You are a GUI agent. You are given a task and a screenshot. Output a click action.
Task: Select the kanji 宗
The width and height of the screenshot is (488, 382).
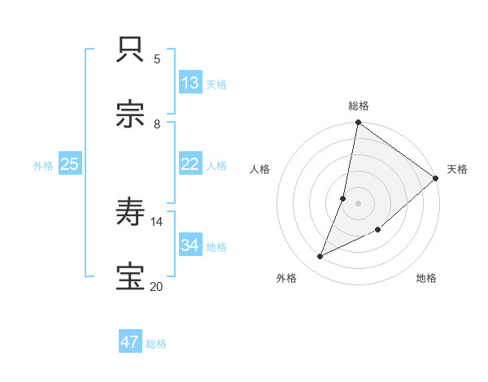point(131,115)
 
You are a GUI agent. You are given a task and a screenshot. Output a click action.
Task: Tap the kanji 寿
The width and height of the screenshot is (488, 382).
point(131,213)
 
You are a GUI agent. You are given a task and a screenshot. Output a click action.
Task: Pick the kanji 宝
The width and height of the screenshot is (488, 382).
point(131,278)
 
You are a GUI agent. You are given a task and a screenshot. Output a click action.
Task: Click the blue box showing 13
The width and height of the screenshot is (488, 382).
point(190,83)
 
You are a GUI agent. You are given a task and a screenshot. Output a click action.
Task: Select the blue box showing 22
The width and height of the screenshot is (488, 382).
point(190,164)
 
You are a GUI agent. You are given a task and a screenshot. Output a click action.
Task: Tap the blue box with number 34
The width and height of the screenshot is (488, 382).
point(190,245)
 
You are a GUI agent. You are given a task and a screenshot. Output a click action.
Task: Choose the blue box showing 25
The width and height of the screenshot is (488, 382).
point(70,164)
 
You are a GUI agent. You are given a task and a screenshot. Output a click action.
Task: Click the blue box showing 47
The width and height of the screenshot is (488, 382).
point(130,342)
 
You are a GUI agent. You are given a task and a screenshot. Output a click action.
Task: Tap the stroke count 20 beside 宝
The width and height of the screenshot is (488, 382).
point(156,286)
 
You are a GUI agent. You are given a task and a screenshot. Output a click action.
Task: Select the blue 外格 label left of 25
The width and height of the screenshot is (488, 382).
point(43,165)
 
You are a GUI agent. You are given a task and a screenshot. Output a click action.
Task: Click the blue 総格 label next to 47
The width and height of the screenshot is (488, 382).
point(156,344)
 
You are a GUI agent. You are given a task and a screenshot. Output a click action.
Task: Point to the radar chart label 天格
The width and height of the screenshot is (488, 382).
point(457,169)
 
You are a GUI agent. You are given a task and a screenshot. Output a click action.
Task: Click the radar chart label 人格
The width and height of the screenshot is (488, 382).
point(259,169)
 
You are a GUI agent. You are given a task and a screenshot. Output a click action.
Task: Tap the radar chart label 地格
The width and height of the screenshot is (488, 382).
point(426,278)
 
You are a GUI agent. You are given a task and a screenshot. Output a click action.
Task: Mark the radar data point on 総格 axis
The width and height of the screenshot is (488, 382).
point(358,124)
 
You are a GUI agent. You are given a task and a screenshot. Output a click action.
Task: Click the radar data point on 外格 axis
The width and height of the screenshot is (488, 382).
point(320,257)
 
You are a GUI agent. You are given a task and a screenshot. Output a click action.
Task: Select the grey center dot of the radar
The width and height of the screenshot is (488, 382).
point(358,202)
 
